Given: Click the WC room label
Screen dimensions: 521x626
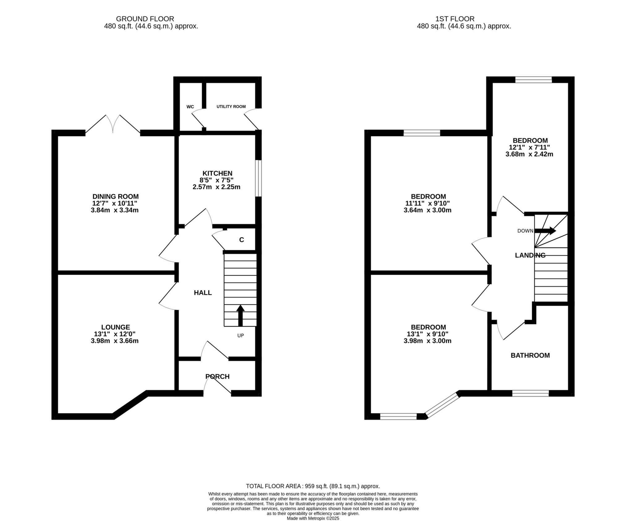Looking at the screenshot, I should (190, 107).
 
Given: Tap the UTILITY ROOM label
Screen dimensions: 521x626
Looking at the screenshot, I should (231, 107).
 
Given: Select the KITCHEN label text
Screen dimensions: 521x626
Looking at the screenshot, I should (217, 173).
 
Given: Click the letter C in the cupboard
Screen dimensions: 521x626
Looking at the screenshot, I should (241, 240).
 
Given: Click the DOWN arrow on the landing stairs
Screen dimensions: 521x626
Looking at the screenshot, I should (545, 231).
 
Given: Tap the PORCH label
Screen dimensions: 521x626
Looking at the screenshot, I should (217, 376).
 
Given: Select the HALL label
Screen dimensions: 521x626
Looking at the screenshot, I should (203, 293).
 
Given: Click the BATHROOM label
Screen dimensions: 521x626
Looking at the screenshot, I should (530, 355).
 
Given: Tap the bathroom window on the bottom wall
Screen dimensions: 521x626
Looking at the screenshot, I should (530, 393).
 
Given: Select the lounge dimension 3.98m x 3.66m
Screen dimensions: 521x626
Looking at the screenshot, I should (115, 341).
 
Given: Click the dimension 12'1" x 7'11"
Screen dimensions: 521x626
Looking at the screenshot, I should (530, 147).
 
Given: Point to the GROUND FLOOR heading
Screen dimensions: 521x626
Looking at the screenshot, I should (145, 19).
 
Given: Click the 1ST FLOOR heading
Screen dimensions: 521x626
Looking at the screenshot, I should (455, 19).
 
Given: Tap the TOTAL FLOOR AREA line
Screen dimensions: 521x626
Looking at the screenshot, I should (313, 486).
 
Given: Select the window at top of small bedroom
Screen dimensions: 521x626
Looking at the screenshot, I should (533, 80).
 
